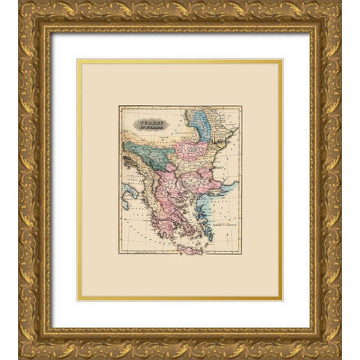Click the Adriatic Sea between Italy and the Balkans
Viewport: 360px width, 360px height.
(x=135, y=180)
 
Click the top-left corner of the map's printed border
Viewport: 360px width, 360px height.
(x=119, y=106)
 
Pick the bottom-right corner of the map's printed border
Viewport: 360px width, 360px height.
(x=241, y=254)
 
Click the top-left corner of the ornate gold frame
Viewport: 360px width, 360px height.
(x=19, y=2)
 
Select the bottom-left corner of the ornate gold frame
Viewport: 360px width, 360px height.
(x=19, y=357)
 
